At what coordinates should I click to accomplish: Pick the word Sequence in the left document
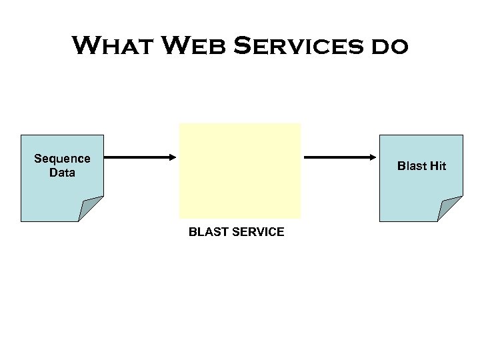click(62, 159)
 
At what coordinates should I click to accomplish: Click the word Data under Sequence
click(62, 173)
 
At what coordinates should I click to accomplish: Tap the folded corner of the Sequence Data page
click(89, 207)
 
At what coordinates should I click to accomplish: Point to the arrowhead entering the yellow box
click(171, 158)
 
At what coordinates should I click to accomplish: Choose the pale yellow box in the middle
click(239, 171)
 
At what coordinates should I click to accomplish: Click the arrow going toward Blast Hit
click(337, 158)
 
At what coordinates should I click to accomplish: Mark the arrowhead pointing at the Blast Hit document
click(371, 158)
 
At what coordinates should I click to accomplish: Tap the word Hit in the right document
click(437, 166)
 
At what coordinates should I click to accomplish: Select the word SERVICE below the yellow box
click(259, 232)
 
